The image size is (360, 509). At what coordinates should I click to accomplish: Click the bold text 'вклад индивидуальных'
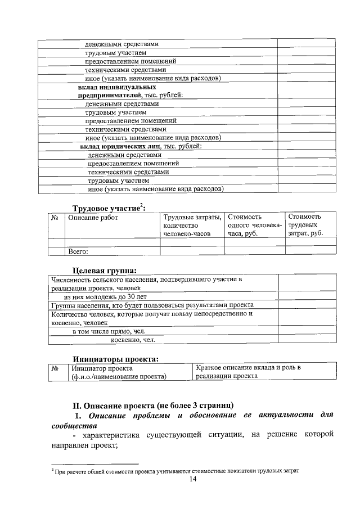[x=116, y=88]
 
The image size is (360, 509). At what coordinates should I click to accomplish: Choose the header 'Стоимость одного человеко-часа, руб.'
[x=254, y=225]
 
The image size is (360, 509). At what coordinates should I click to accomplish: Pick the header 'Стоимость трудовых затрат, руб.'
[x=305, y=225]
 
